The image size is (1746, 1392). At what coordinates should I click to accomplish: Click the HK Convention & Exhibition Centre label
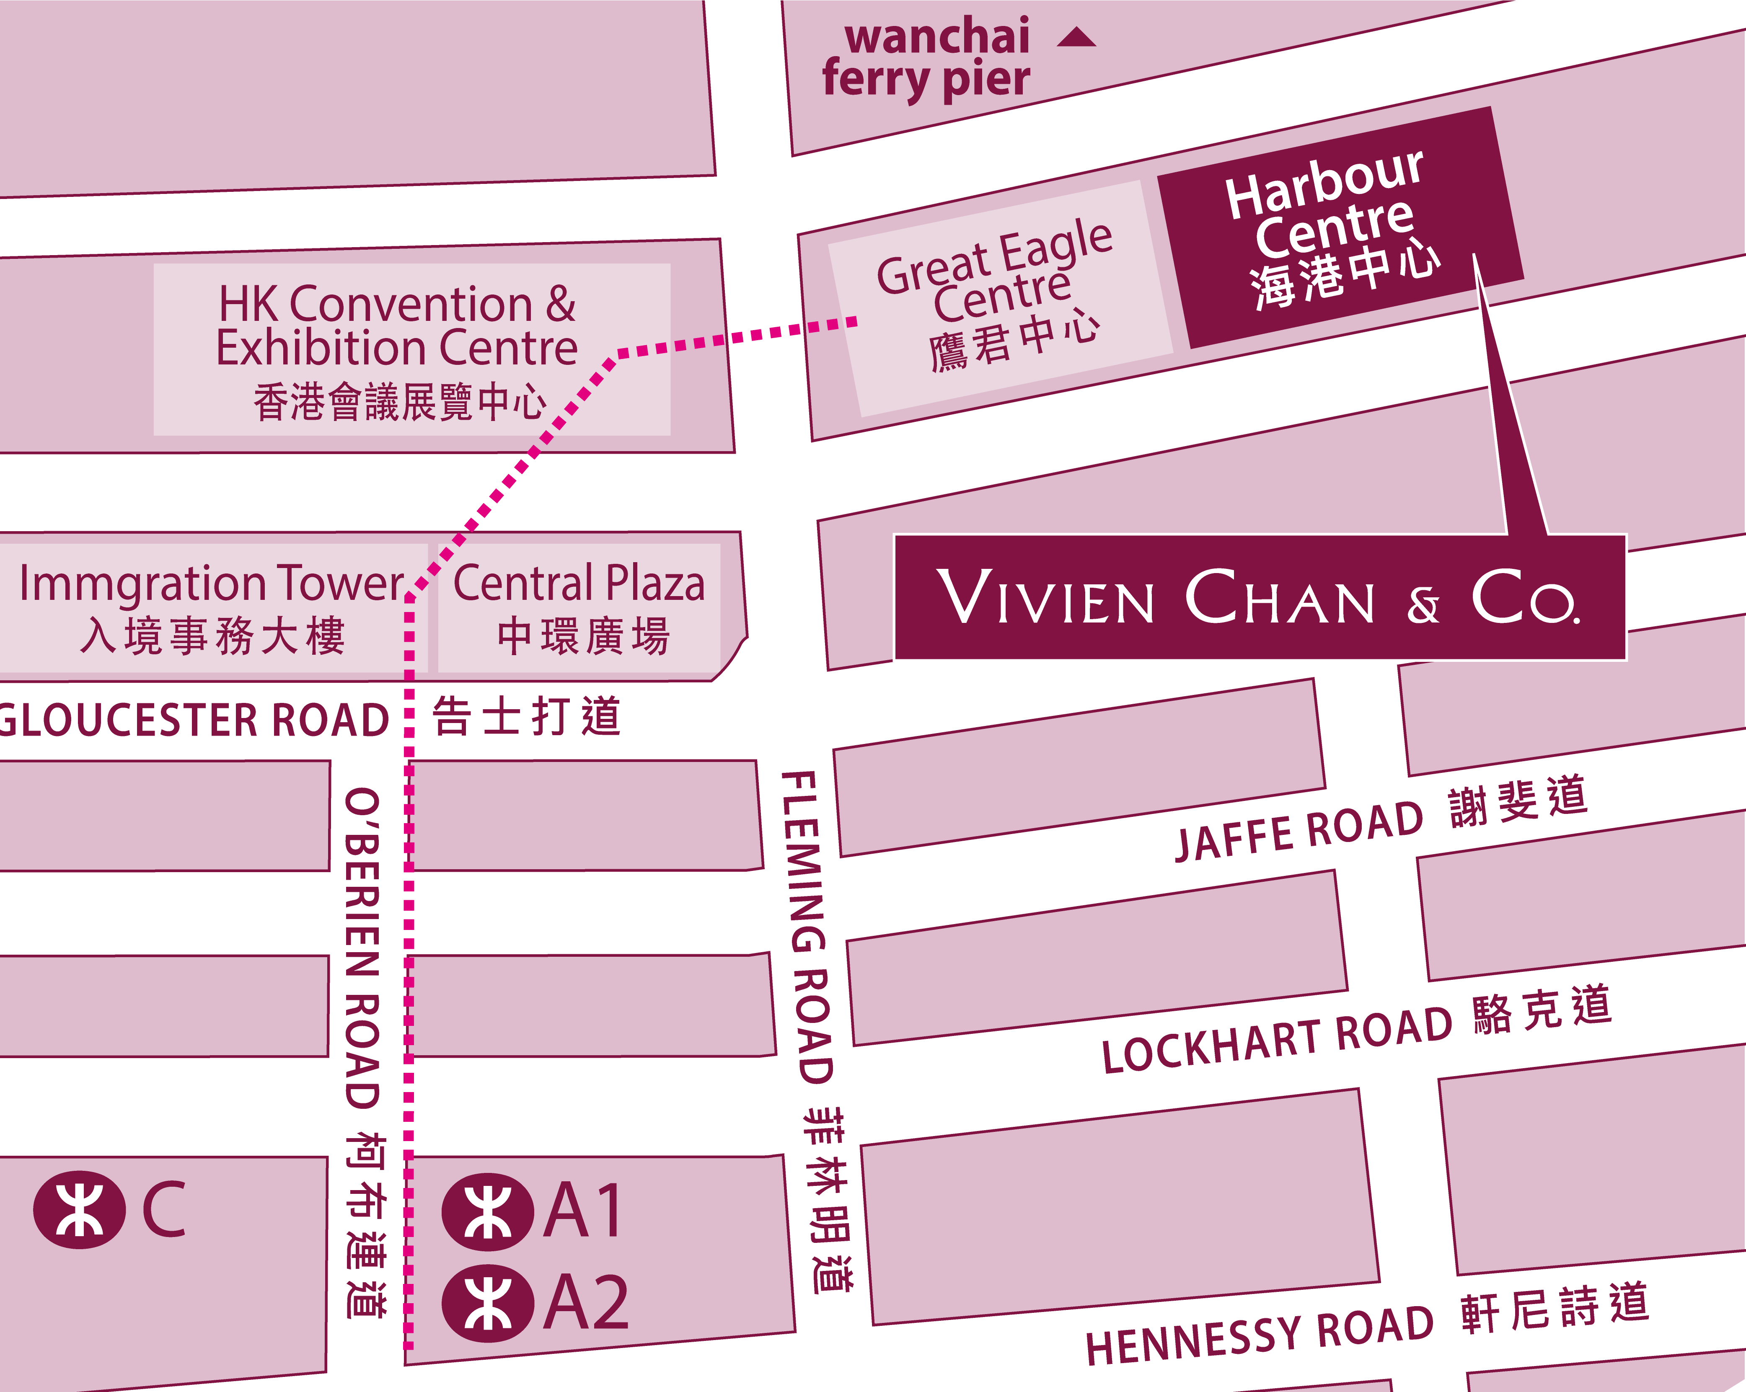point(397,348)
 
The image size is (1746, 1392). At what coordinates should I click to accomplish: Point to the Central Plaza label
point(579,607)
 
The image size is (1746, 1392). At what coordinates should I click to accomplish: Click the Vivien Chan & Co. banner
point(1259,598)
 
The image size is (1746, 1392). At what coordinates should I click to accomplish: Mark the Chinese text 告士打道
point(526,717)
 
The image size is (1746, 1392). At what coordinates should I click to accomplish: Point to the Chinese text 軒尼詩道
point(1555,1308)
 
